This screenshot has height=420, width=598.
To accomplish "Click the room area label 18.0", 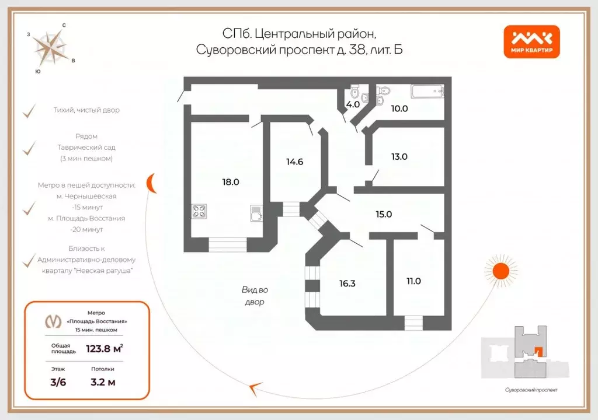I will point(230,182).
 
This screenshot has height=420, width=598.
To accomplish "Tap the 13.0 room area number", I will point(399,156).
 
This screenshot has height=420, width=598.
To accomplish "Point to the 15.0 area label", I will point(384,214).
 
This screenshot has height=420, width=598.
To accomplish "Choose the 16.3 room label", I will point(347,283).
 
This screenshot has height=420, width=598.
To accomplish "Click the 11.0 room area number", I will point(413,281).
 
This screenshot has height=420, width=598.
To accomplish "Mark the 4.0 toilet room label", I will point(353,105).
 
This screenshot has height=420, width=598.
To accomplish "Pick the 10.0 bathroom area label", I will point(399,108).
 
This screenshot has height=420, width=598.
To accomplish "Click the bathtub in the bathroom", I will point(427,92).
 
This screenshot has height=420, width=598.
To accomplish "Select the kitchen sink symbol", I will point(257,213).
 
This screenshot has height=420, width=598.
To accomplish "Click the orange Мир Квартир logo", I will point(531,42).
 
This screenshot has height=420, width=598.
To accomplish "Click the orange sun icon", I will point(500,271).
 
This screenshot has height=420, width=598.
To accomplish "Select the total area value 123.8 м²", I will point(104,348).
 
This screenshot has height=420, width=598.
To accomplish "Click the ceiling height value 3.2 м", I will point(103,382).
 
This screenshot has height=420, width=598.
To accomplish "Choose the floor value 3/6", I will point(58,382).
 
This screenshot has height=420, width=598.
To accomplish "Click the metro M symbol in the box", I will point(54,321).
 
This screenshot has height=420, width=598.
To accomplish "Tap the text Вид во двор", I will point(255,296).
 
